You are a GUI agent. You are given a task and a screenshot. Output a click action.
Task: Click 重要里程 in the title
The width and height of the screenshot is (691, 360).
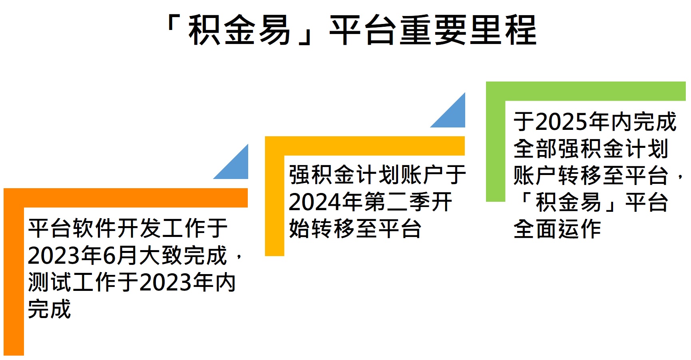tap(468, 30)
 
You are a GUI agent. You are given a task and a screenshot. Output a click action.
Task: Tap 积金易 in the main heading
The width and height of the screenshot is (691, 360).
tap(239, 30)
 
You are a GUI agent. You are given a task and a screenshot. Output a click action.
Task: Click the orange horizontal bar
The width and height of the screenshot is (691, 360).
tap(125, 198)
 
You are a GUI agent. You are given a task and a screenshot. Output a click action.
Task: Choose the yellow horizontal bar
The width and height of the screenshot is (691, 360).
tap(364, 146)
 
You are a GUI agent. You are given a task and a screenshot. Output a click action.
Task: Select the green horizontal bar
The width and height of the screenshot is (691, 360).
tap(585, 91)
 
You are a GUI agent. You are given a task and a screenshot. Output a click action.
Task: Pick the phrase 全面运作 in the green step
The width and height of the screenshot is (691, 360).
tap(557, 229)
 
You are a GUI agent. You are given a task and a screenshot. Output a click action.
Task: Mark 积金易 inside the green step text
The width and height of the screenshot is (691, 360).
tap(568, 202)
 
